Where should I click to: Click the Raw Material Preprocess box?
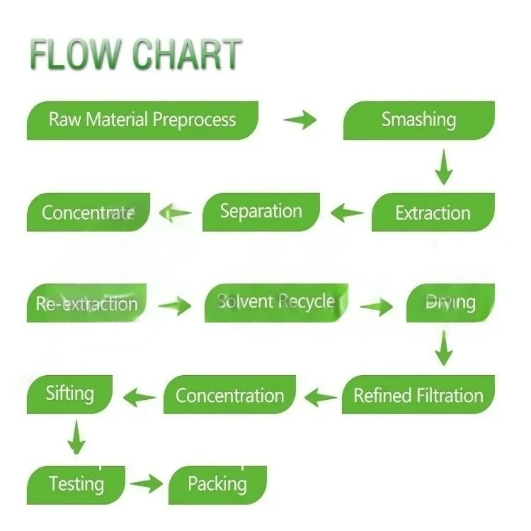point(143,120)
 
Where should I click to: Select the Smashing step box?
point(419,120)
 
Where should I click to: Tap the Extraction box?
point(433,212)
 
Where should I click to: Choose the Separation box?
point(261,211)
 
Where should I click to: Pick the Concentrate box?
point(88,212)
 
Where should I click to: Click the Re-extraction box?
point(87,303)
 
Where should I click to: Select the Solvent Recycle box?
point(276,302)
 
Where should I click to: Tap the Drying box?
point(450,302)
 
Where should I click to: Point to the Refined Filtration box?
point(418,395)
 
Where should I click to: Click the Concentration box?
point(230,395)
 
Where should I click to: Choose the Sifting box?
point(70,394)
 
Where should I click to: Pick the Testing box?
point(76,484)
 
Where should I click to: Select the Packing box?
point(217,484)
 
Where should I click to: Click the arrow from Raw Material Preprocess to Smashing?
point(300,120)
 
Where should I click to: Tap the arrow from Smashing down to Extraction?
point(444,167)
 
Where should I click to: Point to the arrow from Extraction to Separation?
point(347,213)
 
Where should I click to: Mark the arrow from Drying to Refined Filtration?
point(444,348)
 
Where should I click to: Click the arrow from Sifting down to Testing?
point(75,438)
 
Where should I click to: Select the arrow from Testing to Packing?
point(147,484)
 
